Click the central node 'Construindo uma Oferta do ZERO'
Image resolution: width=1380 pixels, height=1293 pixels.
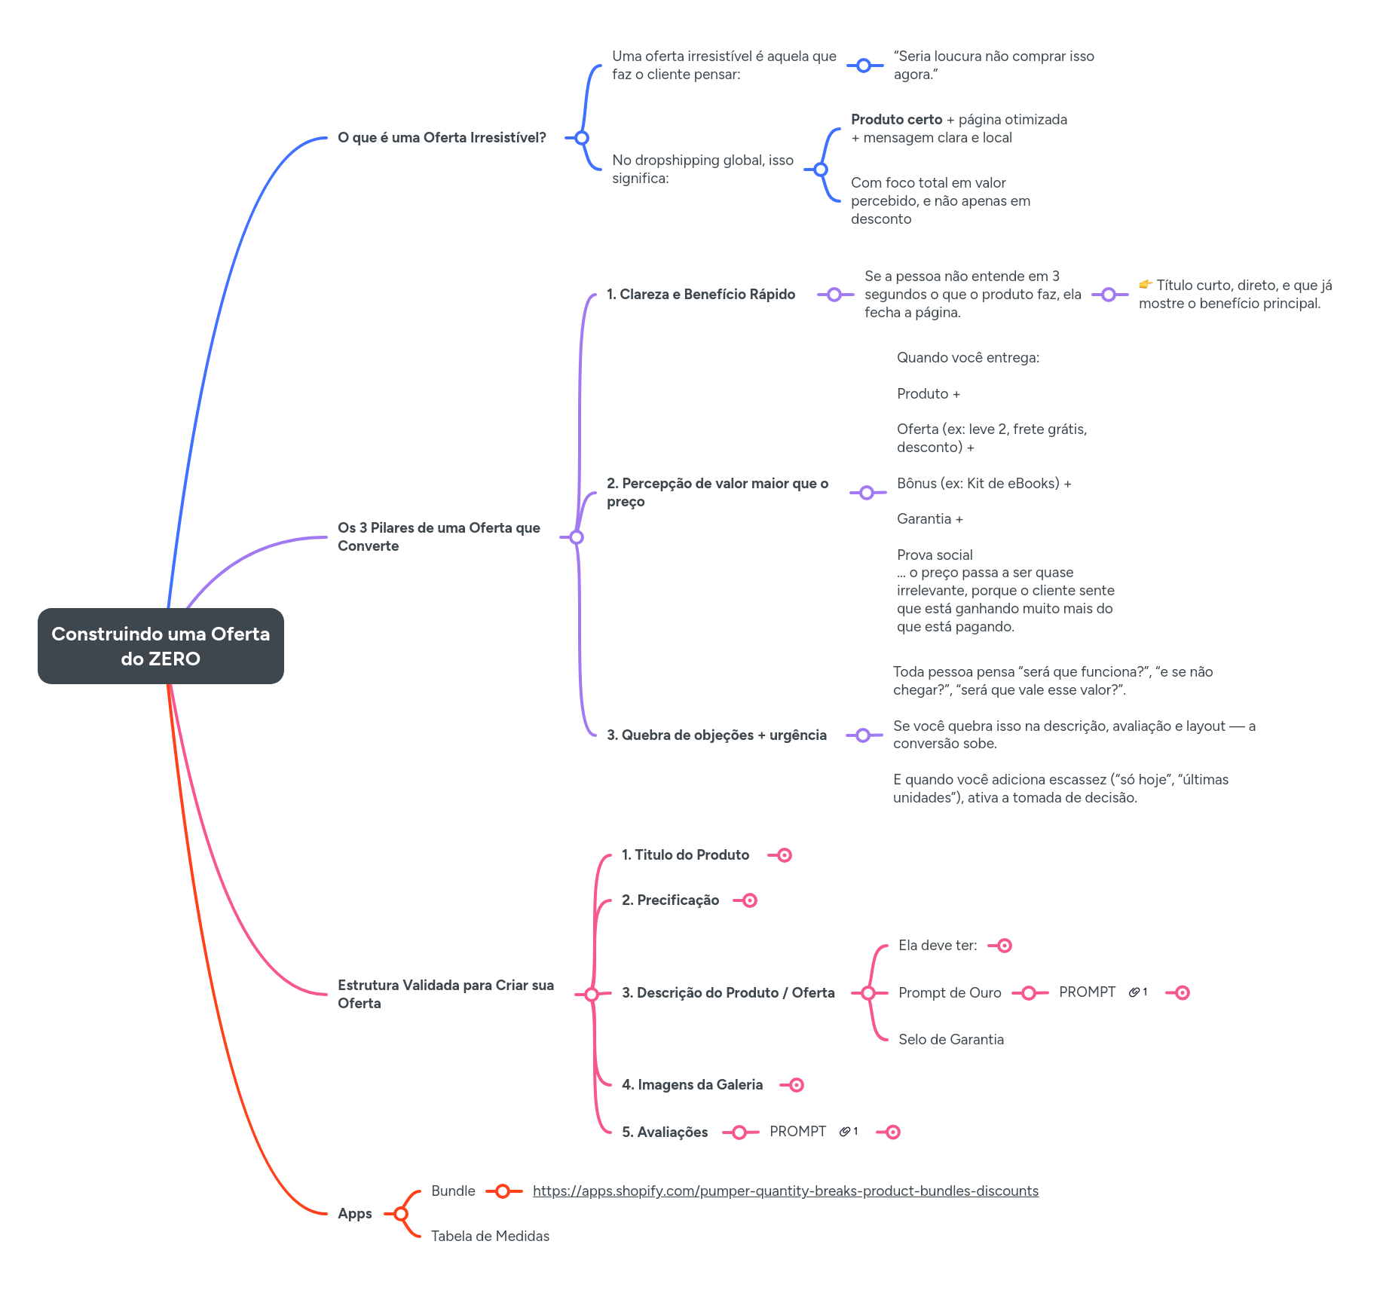click(161, 646)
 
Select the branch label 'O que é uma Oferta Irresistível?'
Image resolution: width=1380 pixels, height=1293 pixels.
click(442, 138)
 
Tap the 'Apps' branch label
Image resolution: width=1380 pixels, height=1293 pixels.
click(354, 1214)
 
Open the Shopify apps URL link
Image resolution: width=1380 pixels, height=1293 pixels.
click(785, 1191)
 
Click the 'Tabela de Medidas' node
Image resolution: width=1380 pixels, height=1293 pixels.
click(490, 1236)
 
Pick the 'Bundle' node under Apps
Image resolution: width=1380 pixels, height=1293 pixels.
click(453, 1191)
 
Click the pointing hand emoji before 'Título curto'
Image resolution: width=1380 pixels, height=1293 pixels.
click(1146, 285)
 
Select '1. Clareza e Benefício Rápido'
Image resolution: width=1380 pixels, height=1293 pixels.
click(700, 295)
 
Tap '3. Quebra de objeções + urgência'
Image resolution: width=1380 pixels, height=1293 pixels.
click(716, 735)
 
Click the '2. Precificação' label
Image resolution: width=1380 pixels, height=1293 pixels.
click(670, 900)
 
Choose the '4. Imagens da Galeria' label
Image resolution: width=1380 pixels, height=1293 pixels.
click(692, 1085)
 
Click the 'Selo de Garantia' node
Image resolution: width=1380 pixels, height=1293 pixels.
click(950, 1040)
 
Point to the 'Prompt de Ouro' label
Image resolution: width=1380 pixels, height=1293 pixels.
click(950, 993)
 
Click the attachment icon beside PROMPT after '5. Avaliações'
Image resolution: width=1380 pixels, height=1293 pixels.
click(845, 1132)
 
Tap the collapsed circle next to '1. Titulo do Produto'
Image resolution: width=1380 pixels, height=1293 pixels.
click(785, 855)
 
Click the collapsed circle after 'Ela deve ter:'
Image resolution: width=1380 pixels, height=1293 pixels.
click(1005, 946)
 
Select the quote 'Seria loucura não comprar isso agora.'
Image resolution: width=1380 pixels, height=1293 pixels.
click(993, 66)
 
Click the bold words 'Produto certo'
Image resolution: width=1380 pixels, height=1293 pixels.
click(896, 120)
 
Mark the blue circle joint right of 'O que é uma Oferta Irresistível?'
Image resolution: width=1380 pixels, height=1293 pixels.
click(581, 138)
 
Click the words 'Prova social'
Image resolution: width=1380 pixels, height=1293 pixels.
click(935, 555)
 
